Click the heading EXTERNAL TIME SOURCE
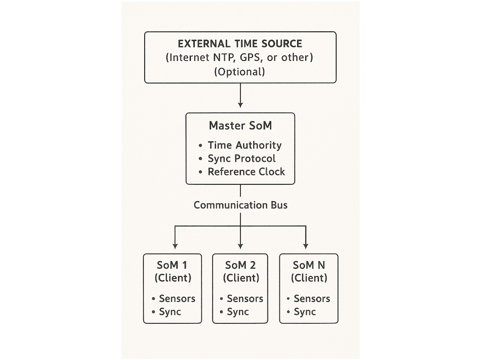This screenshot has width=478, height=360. coord(240,44)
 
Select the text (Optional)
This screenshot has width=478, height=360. coord(240,72)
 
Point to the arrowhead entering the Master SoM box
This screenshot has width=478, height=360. coord(240,105)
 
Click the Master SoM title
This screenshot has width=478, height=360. coord(240,125)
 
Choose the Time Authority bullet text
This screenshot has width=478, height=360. coord(245,145)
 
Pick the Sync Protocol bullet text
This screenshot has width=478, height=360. coord(242,158)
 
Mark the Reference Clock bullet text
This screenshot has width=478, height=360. coord(246,172)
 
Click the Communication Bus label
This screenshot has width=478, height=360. coord(240,205)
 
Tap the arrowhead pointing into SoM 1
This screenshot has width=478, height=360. coord(175,246)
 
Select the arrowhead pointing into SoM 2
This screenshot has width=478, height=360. coord(240,246)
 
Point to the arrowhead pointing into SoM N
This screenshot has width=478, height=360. coord(306,246)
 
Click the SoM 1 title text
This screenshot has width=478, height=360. coord(172,265)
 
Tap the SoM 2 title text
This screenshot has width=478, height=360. coord(240,265)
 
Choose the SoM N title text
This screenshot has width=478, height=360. coord(309,265)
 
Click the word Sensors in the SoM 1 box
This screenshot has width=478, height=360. coord(177,299)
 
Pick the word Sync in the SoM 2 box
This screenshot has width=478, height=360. coord(238,312)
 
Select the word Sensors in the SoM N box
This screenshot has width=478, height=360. coord(312,299)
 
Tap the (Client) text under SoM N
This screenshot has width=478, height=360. coord(309,278)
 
